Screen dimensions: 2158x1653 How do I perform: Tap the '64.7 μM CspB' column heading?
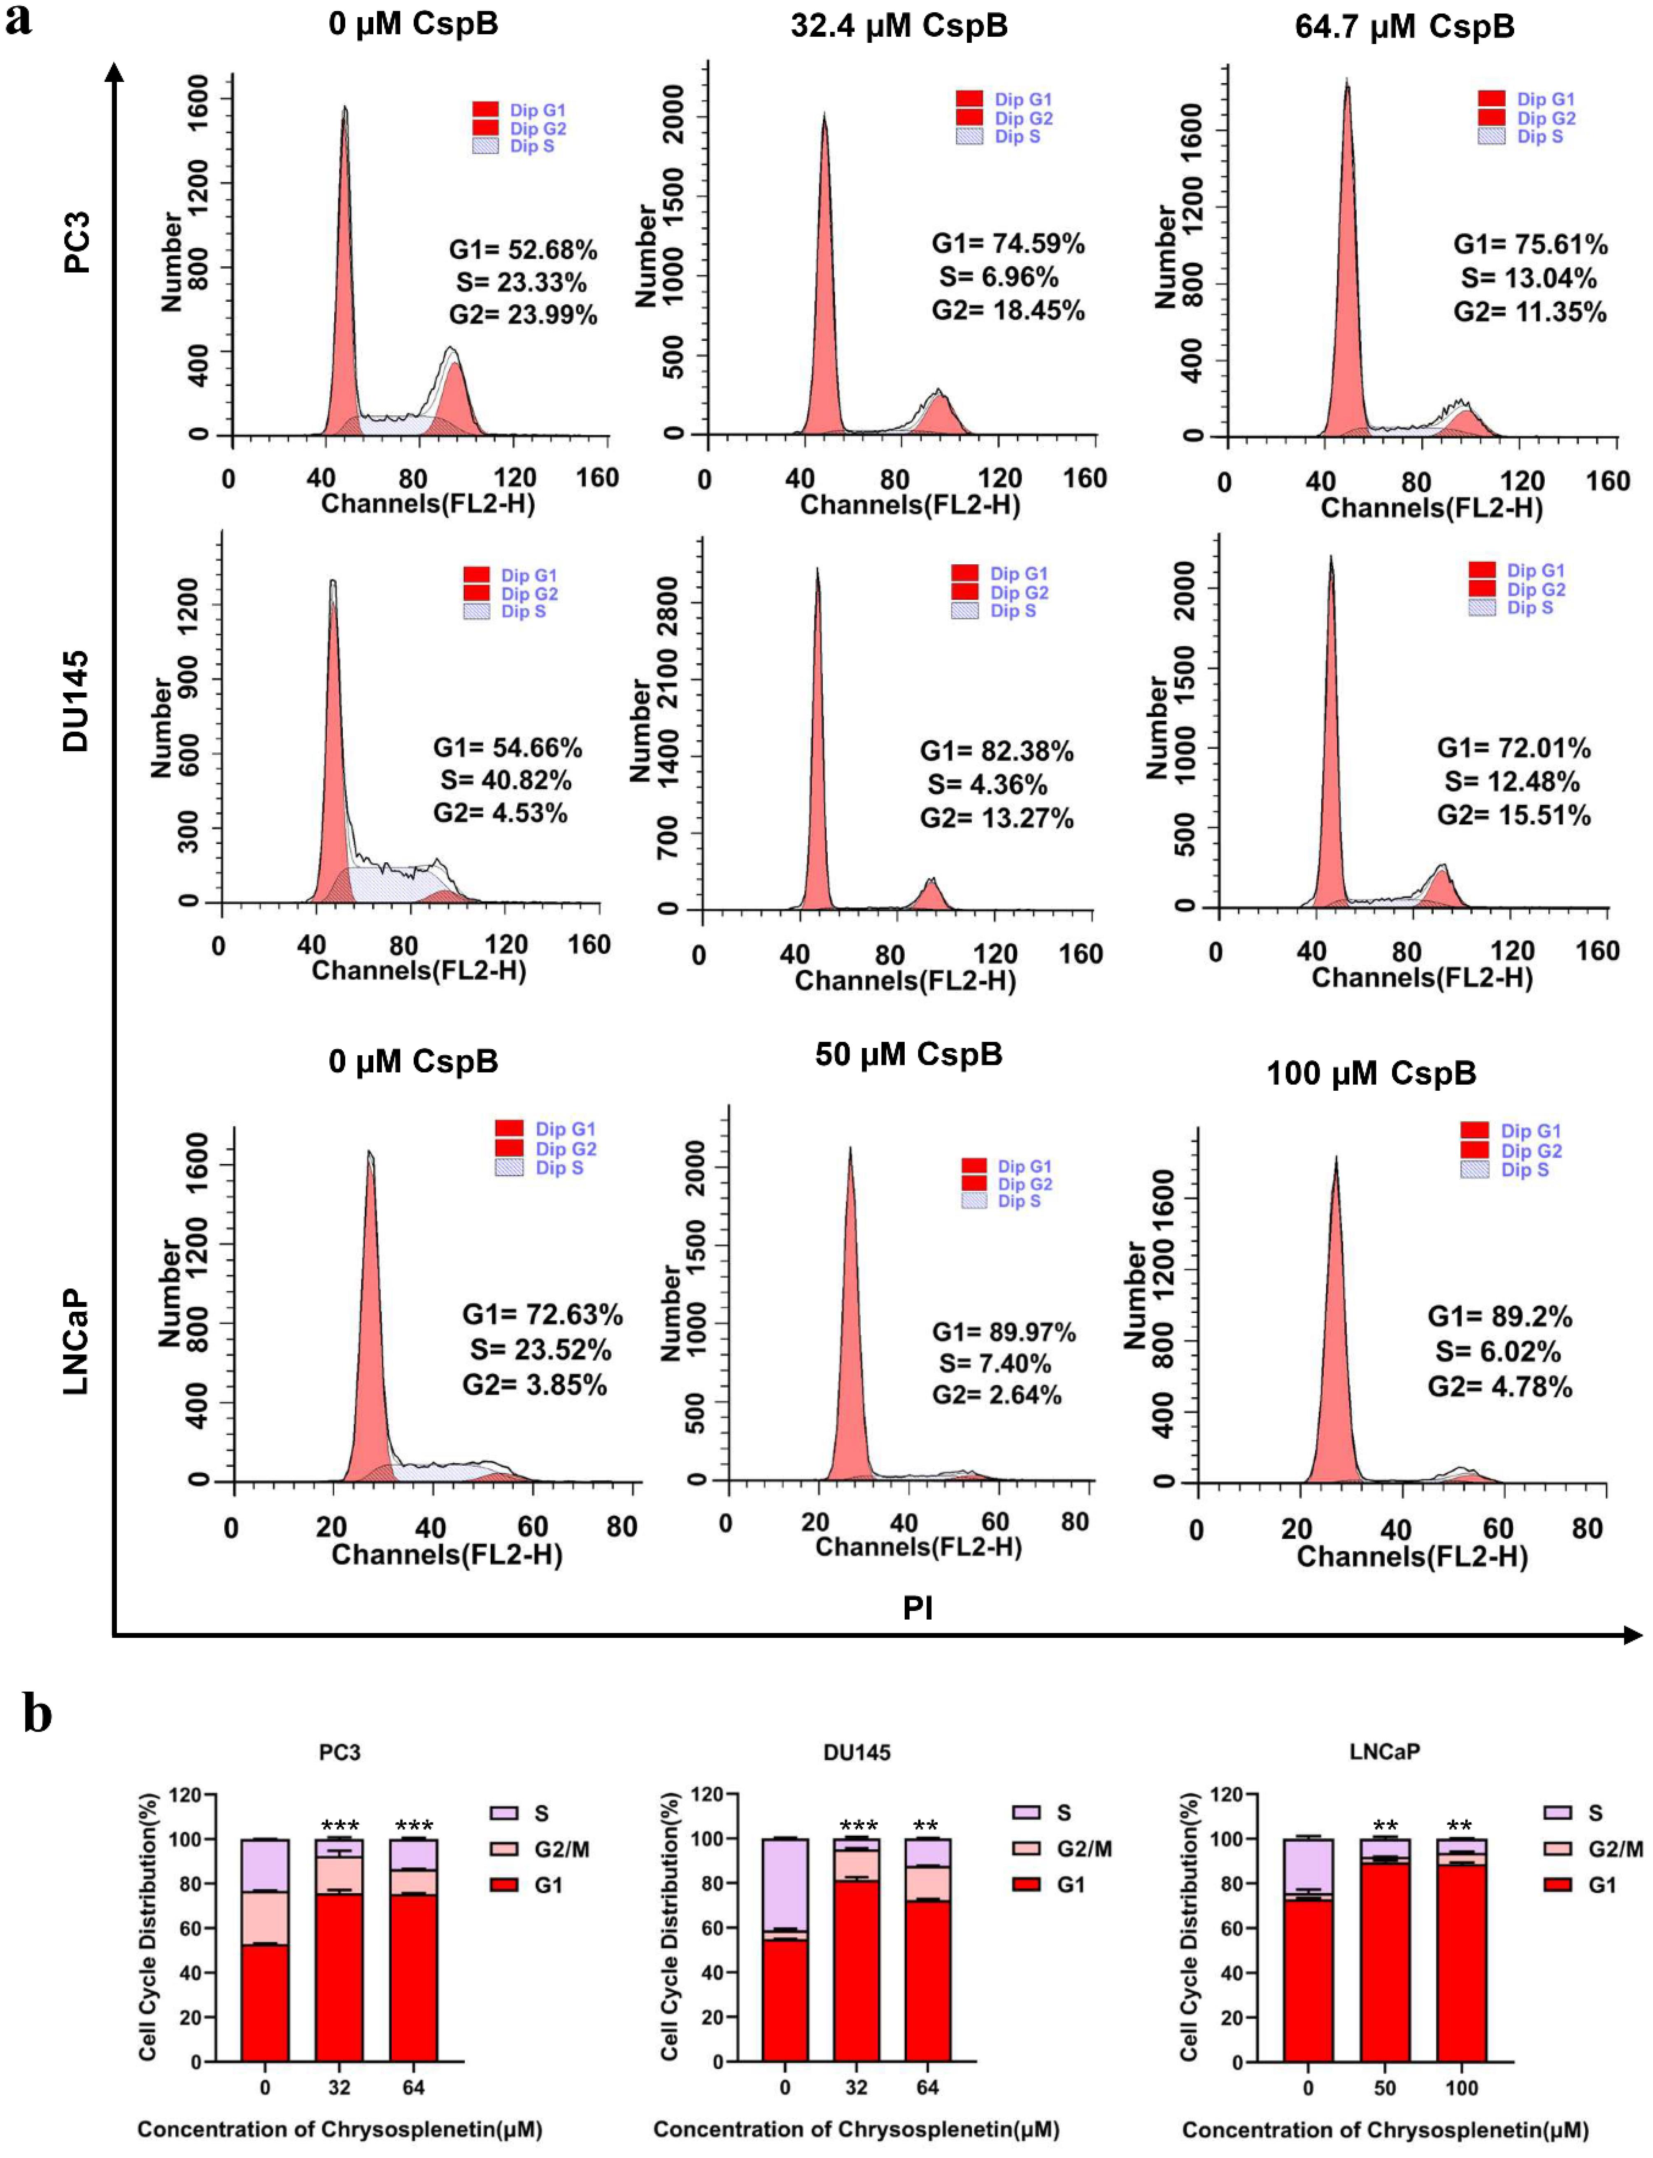(1404, 27)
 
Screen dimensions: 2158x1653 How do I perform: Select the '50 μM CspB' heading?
(908, 1055)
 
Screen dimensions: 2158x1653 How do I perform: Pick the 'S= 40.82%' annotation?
(506, 780)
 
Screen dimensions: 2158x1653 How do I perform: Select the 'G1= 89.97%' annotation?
(1003, 1332)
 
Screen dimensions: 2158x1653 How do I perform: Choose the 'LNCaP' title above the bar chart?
(1384, 1752)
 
